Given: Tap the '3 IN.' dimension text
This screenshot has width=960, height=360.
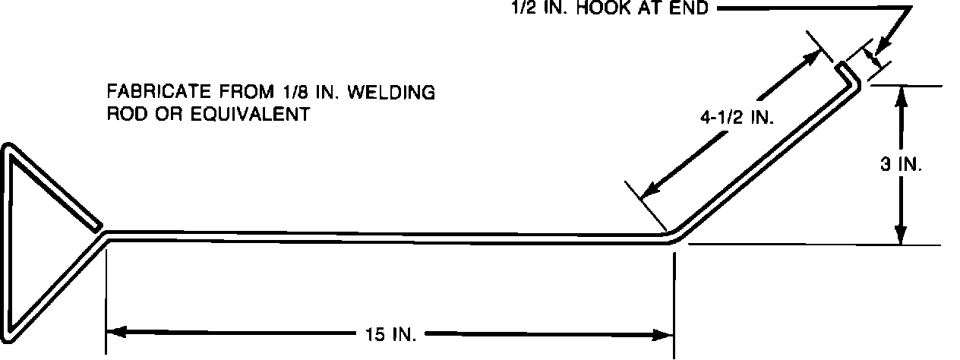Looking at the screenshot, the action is [x=902, y=164].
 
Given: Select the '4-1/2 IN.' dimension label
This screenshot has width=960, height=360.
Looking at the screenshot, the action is [x=735, y=118].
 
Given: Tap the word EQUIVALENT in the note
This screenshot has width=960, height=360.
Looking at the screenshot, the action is [x=243, y=115].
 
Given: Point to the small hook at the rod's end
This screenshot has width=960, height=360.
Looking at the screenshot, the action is [x=848, y=71].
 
